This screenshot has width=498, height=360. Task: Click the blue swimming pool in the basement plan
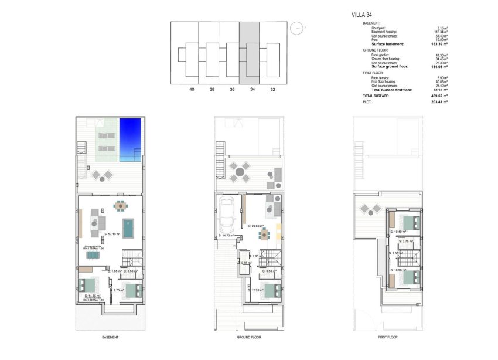tap(130, 140)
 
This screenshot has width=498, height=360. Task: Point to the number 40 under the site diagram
tap(192, 89)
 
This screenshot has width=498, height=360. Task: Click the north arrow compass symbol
tap(299, 26)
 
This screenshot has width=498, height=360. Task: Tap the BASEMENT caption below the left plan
tap(110, 338)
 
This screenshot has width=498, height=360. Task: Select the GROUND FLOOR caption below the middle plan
tap(249, 338)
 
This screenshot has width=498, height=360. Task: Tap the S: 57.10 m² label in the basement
tap(112, 235)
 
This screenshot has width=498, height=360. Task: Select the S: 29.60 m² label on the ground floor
tap(256, 226)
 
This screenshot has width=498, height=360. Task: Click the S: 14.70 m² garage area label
tap(226, 236)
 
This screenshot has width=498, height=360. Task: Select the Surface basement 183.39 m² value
tap(437, 45)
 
